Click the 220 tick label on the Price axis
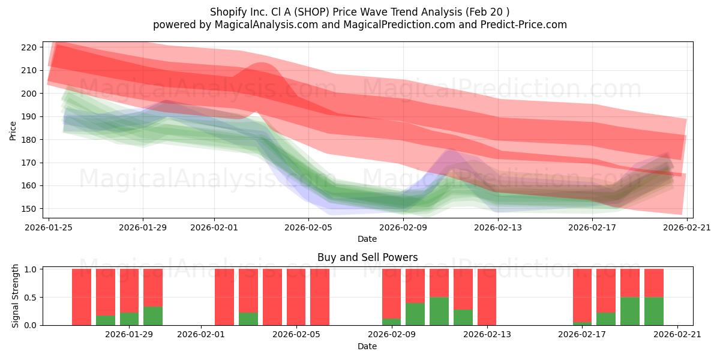tap(31, 47)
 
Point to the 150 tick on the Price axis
tap(31, 209)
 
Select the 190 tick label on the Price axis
tap(31, 116)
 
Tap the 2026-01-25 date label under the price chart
tap(49, 228)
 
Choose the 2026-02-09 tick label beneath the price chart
tap(403, 228)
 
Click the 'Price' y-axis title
tap(13, 130)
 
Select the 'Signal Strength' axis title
tap(16, 296)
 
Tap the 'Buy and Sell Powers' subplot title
tap(367, 257)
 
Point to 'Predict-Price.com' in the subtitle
tap(526, 25)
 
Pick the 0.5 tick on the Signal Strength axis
tap(31, 297)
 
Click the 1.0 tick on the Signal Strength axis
tap(31, 269)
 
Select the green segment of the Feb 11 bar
tap(439, 311)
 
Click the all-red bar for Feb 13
tap(487, 297)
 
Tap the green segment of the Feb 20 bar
tap(654, 311)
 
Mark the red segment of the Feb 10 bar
tap(415, 286)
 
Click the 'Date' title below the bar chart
tap(367, 346)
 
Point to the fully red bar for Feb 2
tap(224, 297)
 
